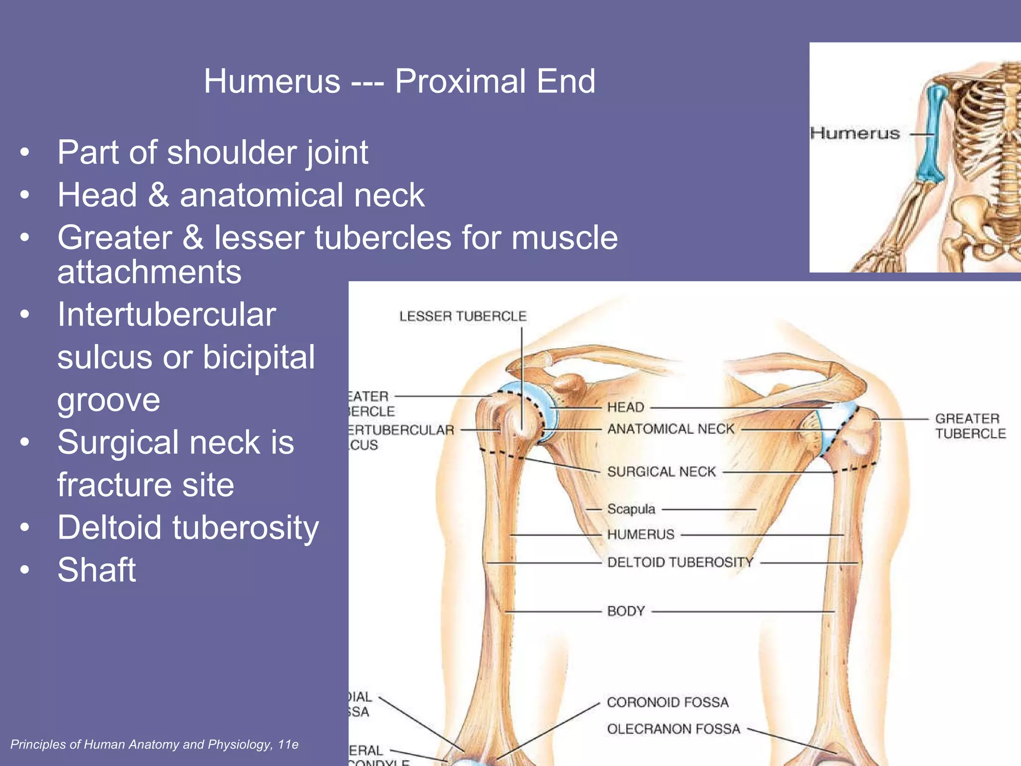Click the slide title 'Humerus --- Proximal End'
[x=399, y=81]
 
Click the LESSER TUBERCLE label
[x=463, y=316]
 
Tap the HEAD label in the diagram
[x=626, y=407]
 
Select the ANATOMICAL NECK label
[x=671, y=429]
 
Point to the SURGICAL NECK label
[x=661, y=472]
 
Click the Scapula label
[x=631, y=509]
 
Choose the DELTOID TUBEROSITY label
[x=680, y=563]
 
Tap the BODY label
[x=626, y=611]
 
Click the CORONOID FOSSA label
[x=668, y=702]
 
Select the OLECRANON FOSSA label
[x=674, y=729]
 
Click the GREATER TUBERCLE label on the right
[x=970, y=426]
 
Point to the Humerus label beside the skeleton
[x=854, y=134]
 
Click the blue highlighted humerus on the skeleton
[x=930, y=135]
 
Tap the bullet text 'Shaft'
[x=96, y=570]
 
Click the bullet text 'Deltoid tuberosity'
[x=188, y=528]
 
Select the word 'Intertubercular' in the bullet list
[x=167, y=315]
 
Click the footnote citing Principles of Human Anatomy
[x=154, y=745]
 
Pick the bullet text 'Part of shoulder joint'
[x=212, y=152]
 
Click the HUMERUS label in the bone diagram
[x=640, y=535]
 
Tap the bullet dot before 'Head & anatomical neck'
[x=25, y=195]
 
